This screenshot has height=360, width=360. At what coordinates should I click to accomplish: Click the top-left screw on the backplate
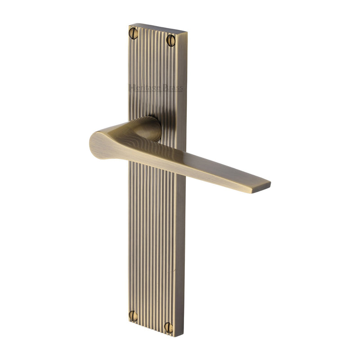pos(134,32)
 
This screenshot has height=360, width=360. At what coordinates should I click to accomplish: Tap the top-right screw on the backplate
pos(171,40)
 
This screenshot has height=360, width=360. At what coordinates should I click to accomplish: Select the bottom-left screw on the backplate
pos(134,315)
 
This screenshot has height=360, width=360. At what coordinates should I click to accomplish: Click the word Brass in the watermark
pos(173,88)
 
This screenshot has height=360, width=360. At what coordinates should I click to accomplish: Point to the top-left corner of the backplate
pos(130,25)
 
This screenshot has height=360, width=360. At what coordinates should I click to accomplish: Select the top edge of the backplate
pos(157,28)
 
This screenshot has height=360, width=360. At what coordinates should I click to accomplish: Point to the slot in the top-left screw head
pos(134,32)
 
